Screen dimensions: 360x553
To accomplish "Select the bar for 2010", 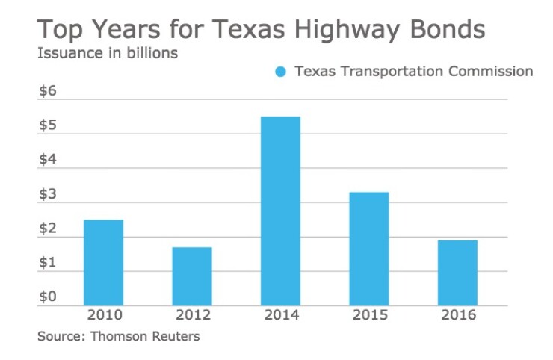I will (x=103, y=262).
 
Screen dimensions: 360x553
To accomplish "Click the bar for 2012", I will (x=192, y=276).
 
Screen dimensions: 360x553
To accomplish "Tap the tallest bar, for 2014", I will (x=280, y=211).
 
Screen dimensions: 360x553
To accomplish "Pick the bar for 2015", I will (x=369, y=249).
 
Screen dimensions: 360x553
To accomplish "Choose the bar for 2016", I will (x=457, y=273).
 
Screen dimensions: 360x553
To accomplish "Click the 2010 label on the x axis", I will (x=103, y=315).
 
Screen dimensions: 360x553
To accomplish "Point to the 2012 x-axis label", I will (x=192, y=315).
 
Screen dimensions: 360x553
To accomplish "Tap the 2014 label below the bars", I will (x=280, y=315).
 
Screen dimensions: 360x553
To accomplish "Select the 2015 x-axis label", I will (x=369, y=315).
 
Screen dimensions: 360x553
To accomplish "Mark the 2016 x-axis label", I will (x=457, y=315).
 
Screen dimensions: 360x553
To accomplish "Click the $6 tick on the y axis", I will (x=47, y=92).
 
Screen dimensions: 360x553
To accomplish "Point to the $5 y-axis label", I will (x=47, y=126).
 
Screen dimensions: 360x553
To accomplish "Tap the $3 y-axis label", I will (x=47, y=195).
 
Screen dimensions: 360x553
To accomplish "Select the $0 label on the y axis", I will (x=47, y=297).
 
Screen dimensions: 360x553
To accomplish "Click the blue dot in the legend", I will (x=281, y=72).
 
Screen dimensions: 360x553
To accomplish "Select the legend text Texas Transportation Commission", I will (x=413, y=72).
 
